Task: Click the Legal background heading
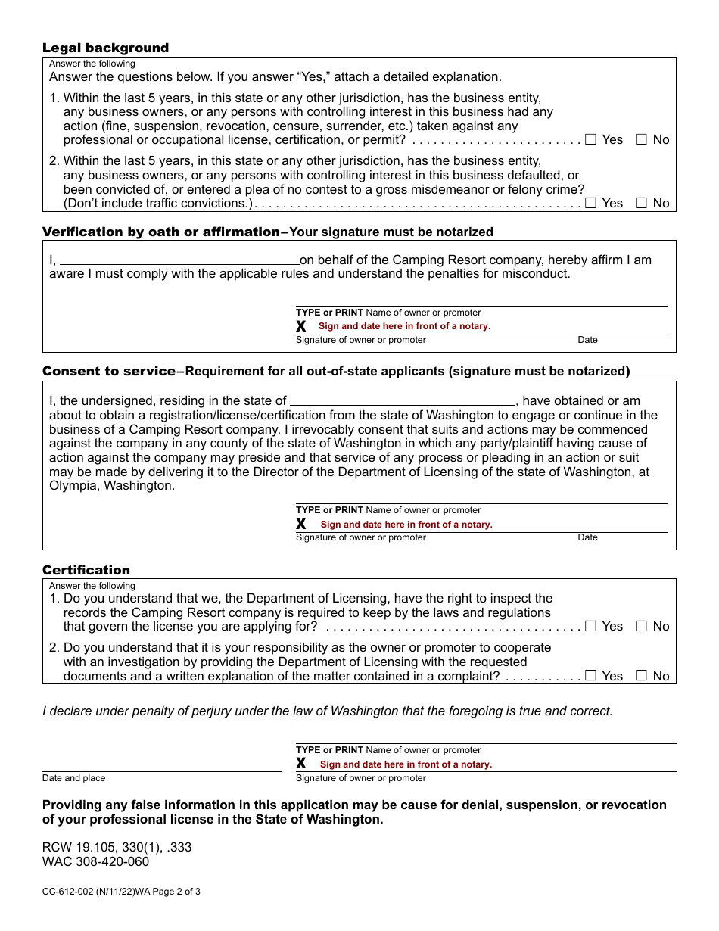(105, 48)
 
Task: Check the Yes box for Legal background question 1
(591, 139)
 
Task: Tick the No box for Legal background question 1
(641, 139)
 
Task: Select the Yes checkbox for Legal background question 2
(591, 203)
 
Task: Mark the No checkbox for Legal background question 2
(641, 203)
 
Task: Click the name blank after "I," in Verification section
(179, 260)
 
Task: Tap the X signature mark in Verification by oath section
(301, 326)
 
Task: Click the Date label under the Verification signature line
(587, 340)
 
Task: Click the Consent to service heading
(108, 371)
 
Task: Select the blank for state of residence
(403, 401)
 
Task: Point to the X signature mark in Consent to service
(301, 524)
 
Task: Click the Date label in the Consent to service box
(587, 537)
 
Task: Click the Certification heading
(86, 570)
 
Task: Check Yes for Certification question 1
(591, 626)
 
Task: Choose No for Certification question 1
(641, 626)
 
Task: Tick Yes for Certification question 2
(591, 676)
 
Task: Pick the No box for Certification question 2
(641, 676)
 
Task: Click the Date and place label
(73, 778)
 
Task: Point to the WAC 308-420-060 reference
(95, 861)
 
